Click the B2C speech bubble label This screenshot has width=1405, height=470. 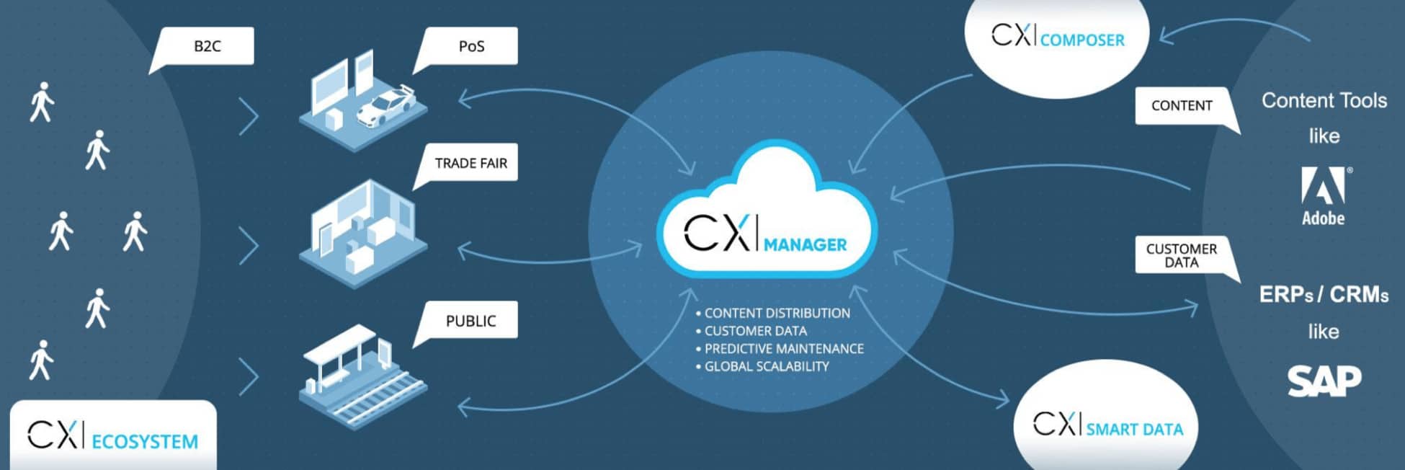click(208, 46)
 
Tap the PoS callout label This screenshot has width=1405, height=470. click(471, 46)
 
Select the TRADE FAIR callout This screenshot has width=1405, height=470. click(470, 164)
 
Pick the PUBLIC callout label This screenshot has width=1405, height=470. click(470, 321)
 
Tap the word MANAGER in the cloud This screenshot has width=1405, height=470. click(805, 245)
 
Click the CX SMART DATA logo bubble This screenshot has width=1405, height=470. click(1107, 427)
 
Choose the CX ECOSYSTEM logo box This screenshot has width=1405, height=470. click(113, 437)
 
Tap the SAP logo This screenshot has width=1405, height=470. click(1324, 381)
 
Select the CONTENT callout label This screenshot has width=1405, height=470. click(1182, 106)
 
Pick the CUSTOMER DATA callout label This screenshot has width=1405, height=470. click(1182, 255)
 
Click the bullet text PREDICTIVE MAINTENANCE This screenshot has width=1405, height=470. click(783, 349)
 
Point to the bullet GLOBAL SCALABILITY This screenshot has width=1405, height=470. click(766, 366)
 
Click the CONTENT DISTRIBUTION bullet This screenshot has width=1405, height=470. click(777, 314)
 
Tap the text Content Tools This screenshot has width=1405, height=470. click(1324, 101)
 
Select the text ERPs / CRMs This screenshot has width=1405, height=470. click(1324, 295)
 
